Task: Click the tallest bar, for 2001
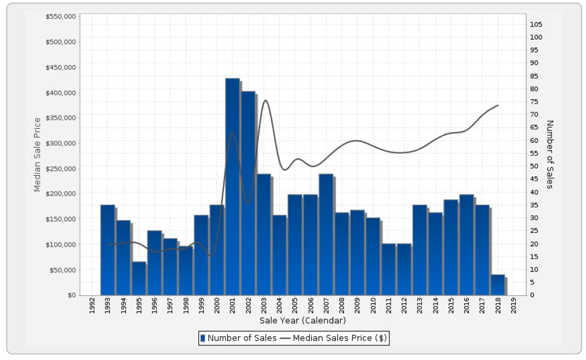pyautogui.click(x=232, y=187)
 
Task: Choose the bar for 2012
pyautogui.click(x=404, y=269)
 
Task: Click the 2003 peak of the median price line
pyautogui.click(x=265, y=100)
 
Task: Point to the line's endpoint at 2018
pyautogui.click(x=498, y=105)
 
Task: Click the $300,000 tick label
pyautogui.click(x=60, y=143)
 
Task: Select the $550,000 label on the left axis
pyautogui.click(x=60, y=16)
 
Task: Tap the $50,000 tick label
pyautogui.click(x=62, y=270)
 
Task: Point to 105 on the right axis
pyautogui.click(x=536, y=24)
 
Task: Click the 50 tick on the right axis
pyautogui.click(x=534, y=166)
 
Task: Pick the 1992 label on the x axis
pyautogui.click(x=92, y=307)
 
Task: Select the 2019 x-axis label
pyautogui.click(x=513, y=307)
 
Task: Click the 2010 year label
pyautogui.click(x=373, y=307)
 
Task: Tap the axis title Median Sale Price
pyautogui.click(x=37, y=154)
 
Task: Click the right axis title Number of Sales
pyautogui.click(x=549, y=154)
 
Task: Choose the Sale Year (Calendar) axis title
pyautogui.click(x=303, y=321)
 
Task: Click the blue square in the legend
pyautogui.click(x=202, y=338)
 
